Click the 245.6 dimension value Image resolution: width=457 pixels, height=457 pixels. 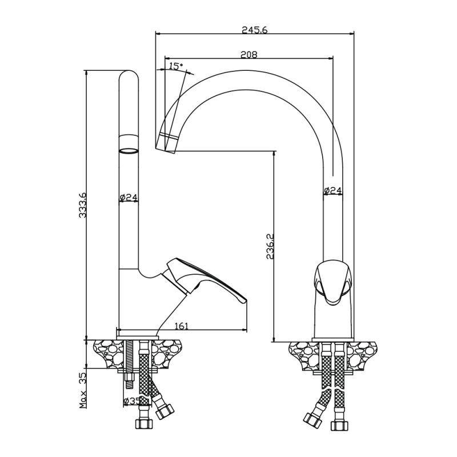coord(254,30)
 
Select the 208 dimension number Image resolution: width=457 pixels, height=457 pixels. coord(249,54)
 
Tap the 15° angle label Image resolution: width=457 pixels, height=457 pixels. coord(176,66)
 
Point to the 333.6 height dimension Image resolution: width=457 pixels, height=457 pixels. coord(82,205)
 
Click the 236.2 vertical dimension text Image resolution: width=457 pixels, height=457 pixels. coord(270,246)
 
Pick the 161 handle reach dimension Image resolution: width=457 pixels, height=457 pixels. coord(181,326)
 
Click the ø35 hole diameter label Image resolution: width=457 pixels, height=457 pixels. coord(133,401)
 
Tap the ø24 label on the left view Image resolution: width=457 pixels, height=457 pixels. coord(129,197)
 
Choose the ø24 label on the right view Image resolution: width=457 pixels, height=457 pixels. coord(333,190)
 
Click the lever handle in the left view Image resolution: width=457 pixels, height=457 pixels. coord(204,279)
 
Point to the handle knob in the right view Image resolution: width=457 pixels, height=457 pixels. coord(332,283)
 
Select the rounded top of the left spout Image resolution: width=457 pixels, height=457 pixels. coord(129,75)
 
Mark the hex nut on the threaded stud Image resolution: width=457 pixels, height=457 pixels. coord(129,379)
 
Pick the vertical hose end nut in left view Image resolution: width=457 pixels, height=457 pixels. coord(144,423)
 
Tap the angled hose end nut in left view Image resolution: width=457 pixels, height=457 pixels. coord(165,411)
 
